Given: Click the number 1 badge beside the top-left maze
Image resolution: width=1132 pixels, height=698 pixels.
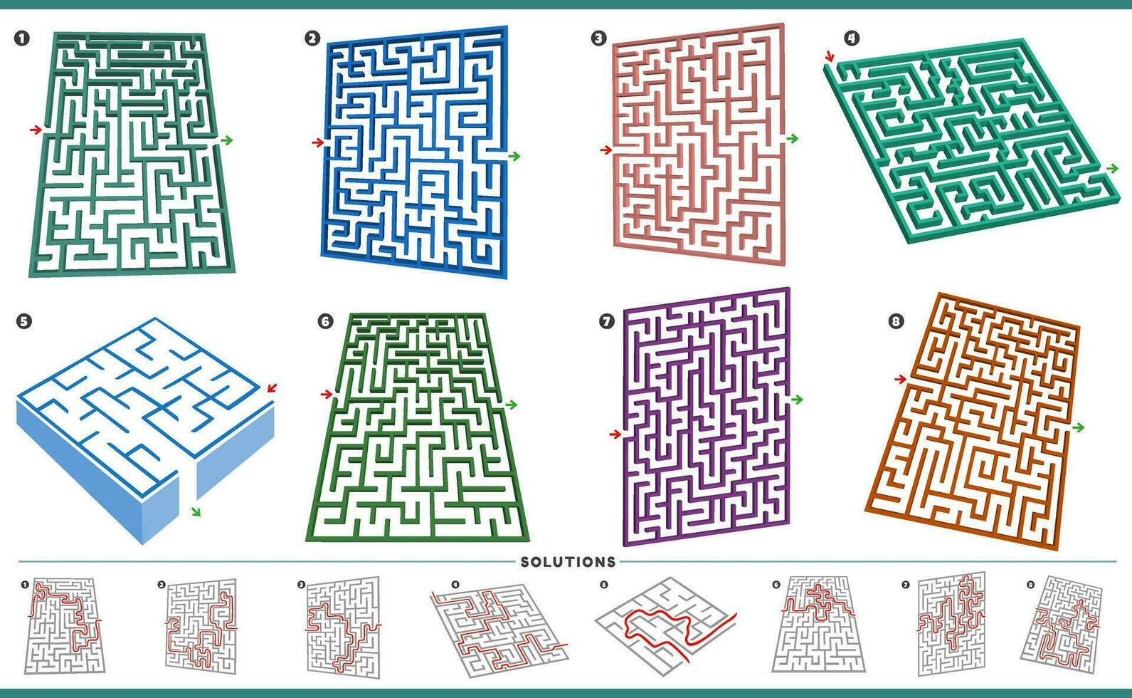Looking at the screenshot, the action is tap(22, 38).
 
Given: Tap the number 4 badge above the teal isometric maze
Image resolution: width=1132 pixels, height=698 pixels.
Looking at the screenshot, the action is tap(852, 38).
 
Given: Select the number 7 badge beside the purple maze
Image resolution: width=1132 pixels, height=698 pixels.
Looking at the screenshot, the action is tap(606, 321).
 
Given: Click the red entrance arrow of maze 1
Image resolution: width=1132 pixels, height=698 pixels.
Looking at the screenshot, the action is tap(36, 130).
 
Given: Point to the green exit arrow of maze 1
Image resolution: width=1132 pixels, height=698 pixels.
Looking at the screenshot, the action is tap(227, 140).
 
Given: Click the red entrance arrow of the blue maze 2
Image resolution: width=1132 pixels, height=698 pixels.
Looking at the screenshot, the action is tap(318, 142).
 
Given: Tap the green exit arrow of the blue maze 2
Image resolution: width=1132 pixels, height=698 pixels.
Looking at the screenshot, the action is tap(514, 156).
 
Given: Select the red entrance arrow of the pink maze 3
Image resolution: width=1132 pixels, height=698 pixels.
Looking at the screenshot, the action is tap(606, 150).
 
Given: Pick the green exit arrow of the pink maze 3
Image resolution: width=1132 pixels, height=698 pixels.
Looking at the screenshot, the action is tap(793, 138).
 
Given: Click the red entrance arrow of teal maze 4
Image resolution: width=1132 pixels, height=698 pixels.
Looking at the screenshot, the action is tap(829, 56).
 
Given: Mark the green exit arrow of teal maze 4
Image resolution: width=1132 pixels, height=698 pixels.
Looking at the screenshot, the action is tap(1112, 168).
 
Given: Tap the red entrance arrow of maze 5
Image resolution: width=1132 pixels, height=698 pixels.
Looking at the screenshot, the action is tap(272, 388).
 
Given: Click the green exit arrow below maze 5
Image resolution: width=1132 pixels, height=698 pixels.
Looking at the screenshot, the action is tap(196, 511).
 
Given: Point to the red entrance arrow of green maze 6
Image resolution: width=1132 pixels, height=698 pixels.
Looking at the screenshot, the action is tap(327, 393).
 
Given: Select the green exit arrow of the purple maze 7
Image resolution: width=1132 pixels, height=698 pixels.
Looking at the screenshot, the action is tap(797, 400).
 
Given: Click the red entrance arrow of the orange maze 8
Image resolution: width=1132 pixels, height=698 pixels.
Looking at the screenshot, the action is tap(901, 379).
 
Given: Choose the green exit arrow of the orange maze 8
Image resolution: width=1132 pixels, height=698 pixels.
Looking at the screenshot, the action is tap(1079, 427).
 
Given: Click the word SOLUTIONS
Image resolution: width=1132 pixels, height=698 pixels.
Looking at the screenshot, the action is tap(568, 562).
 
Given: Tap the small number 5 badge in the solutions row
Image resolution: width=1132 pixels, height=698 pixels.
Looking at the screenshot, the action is tap(604, 585).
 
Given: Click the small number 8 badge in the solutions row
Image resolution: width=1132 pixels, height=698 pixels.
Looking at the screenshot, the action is tap(1030, 585).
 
